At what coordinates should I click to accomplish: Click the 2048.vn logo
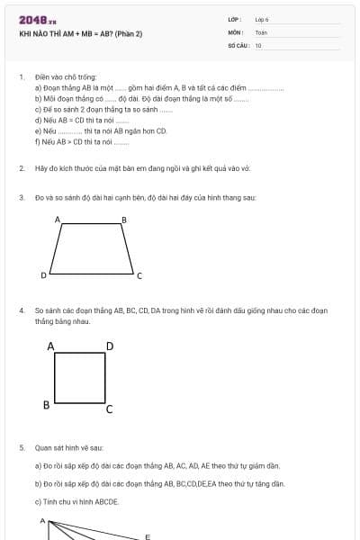(38, 19)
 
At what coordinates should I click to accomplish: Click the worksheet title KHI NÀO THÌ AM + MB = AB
(81, 34)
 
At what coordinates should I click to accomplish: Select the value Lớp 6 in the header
(262, 19)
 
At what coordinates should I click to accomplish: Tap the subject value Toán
(261, 32)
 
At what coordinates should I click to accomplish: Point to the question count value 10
(258, 45)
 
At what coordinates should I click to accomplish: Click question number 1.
(21, 77)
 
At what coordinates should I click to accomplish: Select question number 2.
(21, 168)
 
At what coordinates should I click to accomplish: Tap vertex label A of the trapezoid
(58, 220)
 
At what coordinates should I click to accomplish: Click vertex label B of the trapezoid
(124, 220)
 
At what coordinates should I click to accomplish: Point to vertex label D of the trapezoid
(43, 274)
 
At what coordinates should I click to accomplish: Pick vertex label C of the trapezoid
(139, 275)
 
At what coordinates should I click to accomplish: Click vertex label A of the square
(50, 346)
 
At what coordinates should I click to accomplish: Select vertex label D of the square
(109, 346)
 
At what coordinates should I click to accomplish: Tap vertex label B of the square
(46, 405)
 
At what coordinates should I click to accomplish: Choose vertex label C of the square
(109, 410)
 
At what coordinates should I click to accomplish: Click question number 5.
(21, 447)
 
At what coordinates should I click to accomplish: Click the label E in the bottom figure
(148, 536)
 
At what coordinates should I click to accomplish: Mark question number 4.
(21, 310)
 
